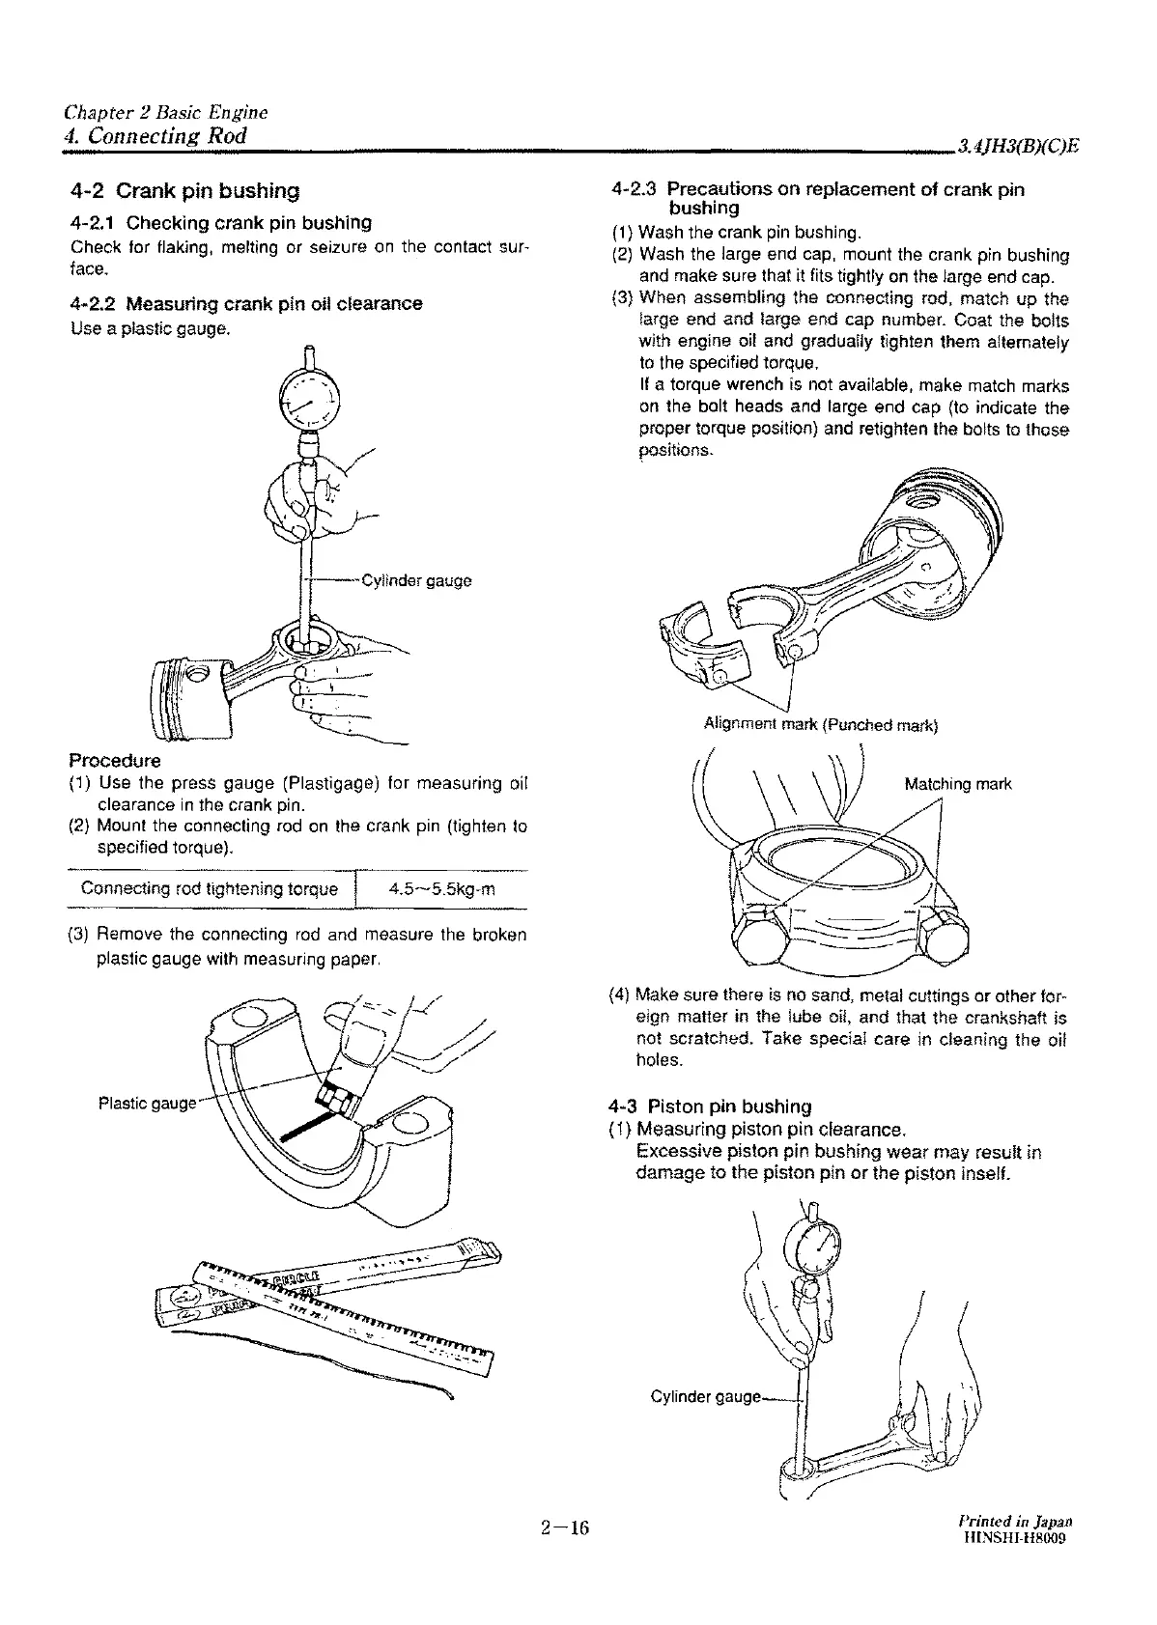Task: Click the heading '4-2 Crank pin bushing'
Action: (x=184, y=191)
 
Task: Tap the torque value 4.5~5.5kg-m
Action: (x=440, y=889)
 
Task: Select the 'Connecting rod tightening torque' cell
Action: (x=210, y=889)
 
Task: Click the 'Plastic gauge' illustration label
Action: (x=147, y=1103)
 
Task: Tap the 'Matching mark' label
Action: (x=957, y=784)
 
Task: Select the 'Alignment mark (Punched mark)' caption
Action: (x=821, y=724)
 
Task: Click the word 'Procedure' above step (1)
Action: (x=115, y=760)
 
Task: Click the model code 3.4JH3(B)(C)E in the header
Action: (x=1017, y=146)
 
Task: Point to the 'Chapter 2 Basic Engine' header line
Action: (x=165, y=112)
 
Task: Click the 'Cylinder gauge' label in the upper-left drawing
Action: (x=415, y=580)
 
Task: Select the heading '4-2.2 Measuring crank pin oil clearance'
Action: (x=246, y=303)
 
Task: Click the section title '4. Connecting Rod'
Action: (x=152, y=135)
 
